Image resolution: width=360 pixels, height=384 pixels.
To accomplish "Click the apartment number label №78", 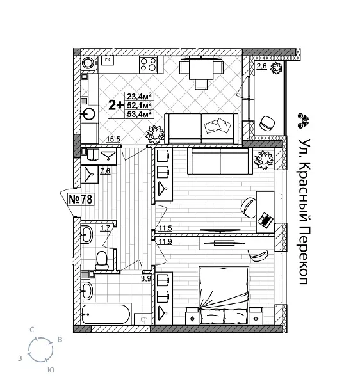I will point(80,199).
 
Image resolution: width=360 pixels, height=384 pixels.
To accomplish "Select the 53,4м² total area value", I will point(138,114).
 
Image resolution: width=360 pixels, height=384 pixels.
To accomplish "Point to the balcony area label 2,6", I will point(262,66).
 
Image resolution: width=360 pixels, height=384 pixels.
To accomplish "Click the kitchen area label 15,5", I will point(113,140).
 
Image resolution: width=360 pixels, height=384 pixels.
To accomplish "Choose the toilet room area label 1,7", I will point(106,228).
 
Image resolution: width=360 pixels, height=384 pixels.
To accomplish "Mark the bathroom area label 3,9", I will point(145,278).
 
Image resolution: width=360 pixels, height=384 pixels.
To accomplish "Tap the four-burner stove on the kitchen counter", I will point(149,64).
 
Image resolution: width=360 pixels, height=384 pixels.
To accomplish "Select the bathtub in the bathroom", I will point(107,314).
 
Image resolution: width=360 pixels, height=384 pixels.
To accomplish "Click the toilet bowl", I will point(101,259).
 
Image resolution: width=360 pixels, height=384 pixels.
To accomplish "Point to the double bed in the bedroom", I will point(223,295).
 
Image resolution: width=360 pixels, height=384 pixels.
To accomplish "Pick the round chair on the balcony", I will point(267,122).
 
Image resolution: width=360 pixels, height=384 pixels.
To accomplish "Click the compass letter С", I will point(31,329).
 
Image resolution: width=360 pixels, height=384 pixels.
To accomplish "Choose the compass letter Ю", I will point(50,370).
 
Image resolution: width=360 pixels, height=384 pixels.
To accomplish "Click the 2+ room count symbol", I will point(116,105).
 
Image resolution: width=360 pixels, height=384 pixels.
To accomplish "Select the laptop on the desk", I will point(265,219).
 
